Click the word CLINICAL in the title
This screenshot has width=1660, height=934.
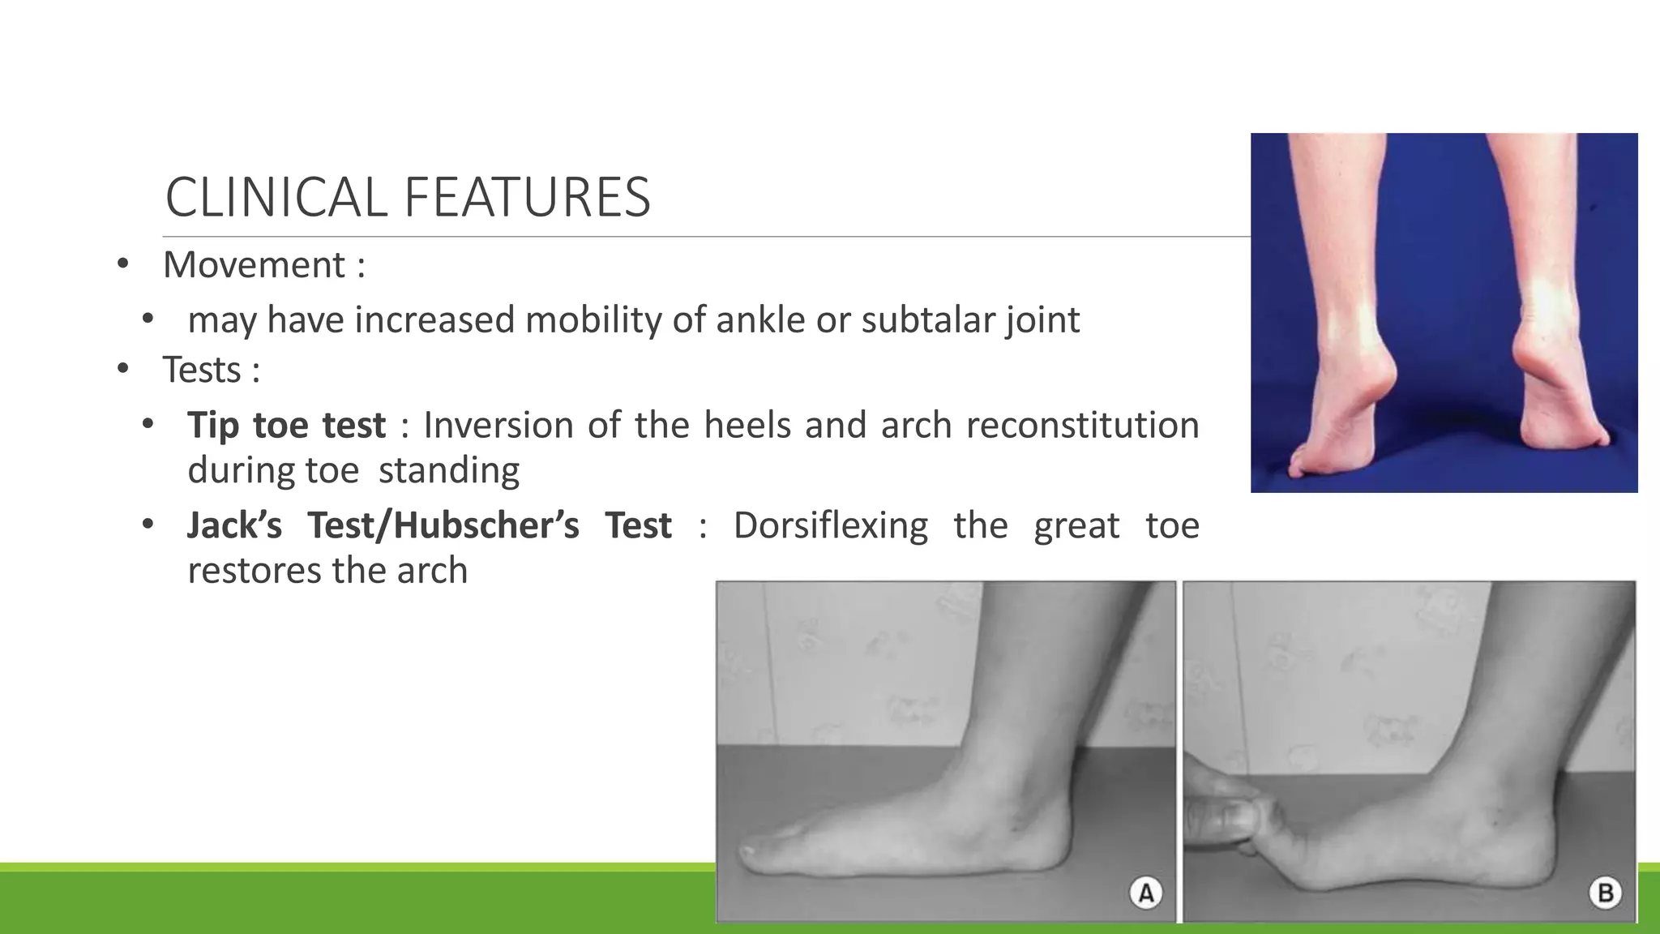[x=276, y=198]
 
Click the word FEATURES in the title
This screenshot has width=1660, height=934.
[x=527, y=198]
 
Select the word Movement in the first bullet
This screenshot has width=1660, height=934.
[x=254, y=265]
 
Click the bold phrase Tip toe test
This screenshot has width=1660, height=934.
[x=286, y=426]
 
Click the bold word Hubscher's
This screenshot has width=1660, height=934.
[x=486, y=525]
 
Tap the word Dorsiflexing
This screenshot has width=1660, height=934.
[x=830, y=525]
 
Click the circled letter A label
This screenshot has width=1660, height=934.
[x=1146, y=893]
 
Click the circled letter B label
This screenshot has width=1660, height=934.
[x=1605, y=893]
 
